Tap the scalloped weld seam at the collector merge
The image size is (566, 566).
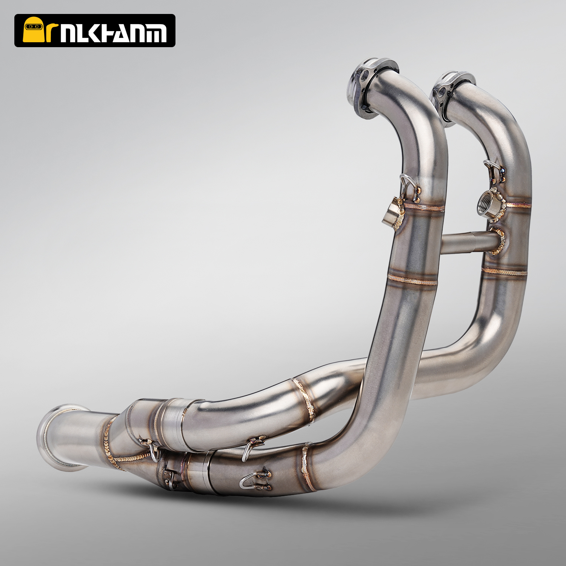[113, 445]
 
